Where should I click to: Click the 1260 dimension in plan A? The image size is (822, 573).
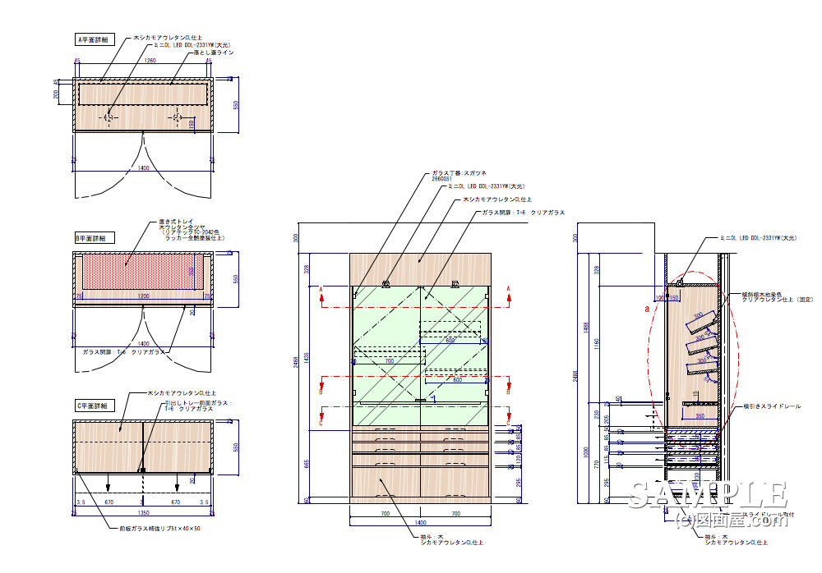coord(150,61)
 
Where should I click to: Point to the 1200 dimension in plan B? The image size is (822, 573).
coord(145,295)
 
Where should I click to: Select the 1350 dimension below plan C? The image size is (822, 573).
coord(143,512)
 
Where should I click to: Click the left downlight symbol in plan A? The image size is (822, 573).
coord(109,117)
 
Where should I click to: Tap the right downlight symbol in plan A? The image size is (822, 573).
coord(178,117)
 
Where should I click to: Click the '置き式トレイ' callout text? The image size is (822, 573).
coord(174,221)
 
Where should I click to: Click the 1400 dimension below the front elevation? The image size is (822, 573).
coord(420,521)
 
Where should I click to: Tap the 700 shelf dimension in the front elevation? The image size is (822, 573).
coord(389,360)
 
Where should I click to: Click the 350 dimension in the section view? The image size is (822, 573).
coord(700,415)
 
